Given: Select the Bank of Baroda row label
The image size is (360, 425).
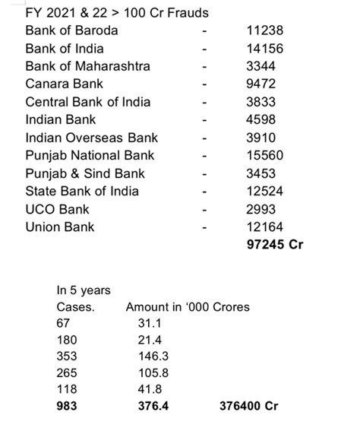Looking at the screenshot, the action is [x=71, y=30].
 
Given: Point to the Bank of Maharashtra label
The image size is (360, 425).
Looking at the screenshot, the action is [x=87, y=66].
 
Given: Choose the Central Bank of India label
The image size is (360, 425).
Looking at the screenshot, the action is [x=87, y=102].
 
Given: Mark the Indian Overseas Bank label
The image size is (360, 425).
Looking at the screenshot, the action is [x=91, y=138].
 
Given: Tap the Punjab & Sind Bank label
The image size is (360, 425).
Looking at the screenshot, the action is [x=86, y=173].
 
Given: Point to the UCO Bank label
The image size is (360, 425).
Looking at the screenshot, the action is [x=56, y=208].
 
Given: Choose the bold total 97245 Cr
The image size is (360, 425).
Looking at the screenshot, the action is [x=275, y=244].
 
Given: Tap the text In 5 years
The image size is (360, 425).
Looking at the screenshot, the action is [x=84, y=290].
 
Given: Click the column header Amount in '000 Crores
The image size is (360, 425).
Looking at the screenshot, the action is [x=188, y=307].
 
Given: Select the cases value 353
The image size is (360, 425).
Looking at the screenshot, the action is [x=68, y=356].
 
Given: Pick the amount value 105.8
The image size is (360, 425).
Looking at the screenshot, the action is [x=150, y=373].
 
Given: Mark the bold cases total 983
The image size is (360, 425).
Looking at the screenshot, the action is [x=68, y=406].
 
